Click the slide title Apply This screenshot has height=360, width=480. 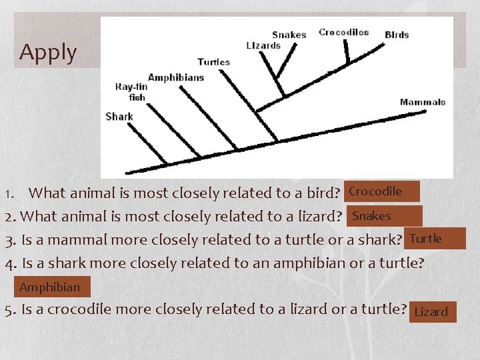[x=48, y=51]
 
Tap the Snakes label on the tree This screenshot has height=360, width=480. [x=289, y=35]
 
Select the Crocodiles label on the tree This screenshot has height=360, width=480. [x=343, y=32]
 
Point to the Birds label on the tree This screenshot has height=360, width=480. [x=397, y=35]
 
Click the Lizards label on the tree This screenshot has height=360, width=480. [x=263, y=45]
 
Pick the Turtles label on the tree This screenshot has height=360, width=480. [x=213, y=62]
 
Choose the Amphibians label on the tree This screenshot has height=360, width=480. [x=176, y=77]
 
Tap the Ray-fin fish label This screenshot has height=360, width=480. [x=132, y=92]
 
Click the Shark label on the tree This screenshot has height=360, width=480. [x=119, y=116]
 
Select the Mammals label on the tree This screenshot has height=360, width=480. [x=423, y=102]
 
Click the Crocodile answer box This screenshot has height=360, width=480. [x=382, y=191]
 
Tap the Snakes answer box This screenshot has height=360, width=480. [x=383, y=216]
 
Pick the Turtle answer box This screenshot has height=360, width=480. [x=434, y=239]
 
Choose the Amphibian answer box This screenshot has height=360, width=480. [x=51, y=287]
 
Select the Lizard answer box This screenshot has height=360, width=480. [x=432, y=311]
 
